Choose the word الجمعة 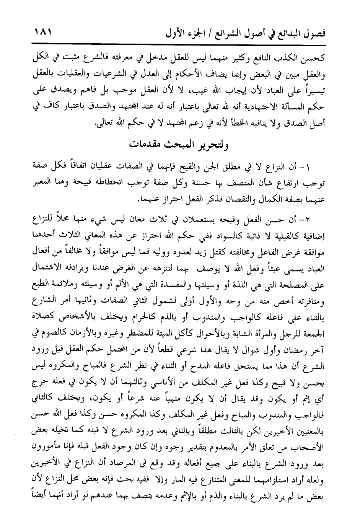click(314, 333)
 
